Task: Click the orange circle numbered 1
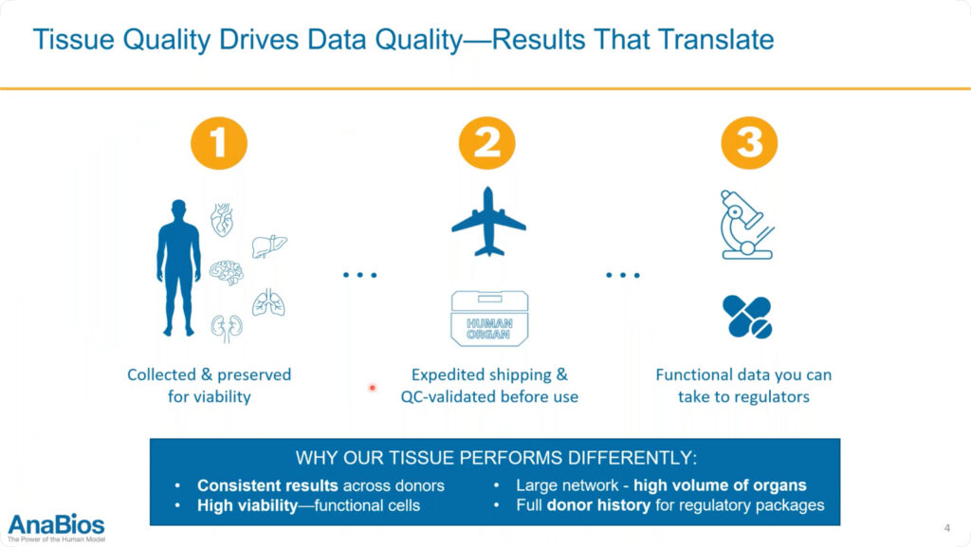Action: [219, 143]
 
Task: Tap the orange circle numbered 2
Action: [486, 143]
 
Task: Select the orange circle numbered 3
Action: [749, 143]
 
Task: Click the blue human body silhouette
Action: [179, 267]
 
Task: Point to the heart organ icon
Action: [222, 220]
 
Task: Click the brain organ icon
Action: [226, 272]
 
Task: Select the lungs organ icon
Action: [268, 302]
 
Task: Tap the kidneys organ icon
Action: [227, 329]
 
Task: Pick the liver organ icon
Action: [269, 246]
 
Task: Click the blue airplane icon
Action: [488, 222]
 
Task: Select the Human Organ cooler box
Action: [489, 318]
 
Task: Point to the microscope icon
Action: [747, 225]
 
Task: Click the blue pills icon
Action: [747, 317]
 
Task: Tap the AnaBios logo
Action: [56, 528]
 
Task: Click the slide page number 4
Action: [947, 528]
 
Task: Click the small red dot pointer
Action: [372, 388]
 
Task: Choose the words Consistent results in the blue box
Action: [267, 485]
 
